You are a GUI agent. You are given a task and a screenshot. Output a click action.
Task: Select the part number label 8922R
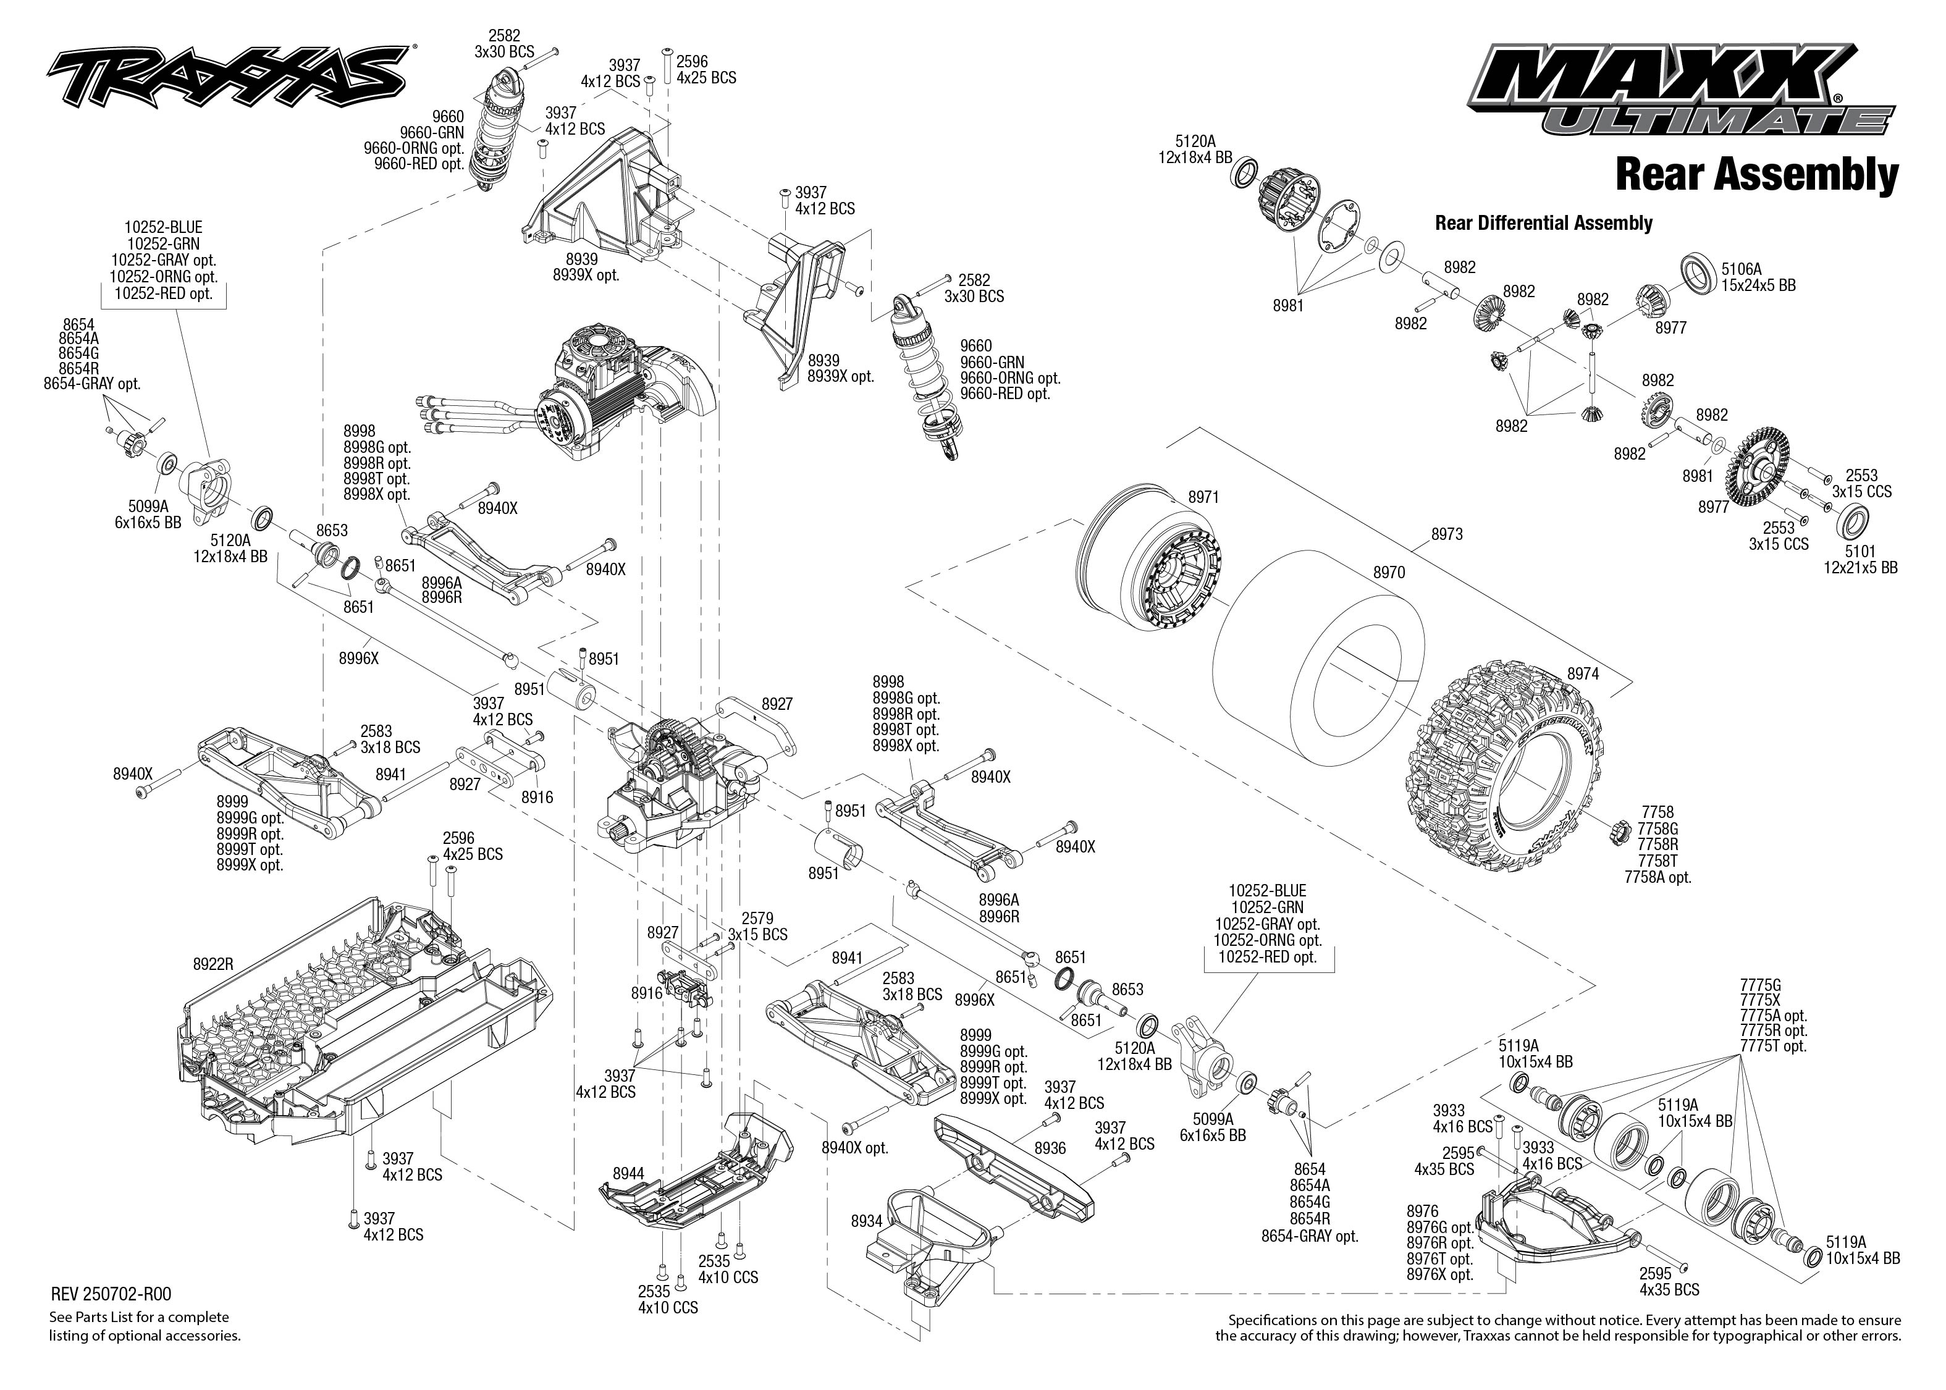click(213, 964)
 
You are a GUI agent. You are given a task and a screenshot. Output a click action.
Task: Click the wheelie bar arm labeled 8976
click(1549, 1215)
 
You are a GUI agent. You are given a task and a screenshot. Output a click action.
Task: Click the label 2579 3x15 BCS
click(757, 926)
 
